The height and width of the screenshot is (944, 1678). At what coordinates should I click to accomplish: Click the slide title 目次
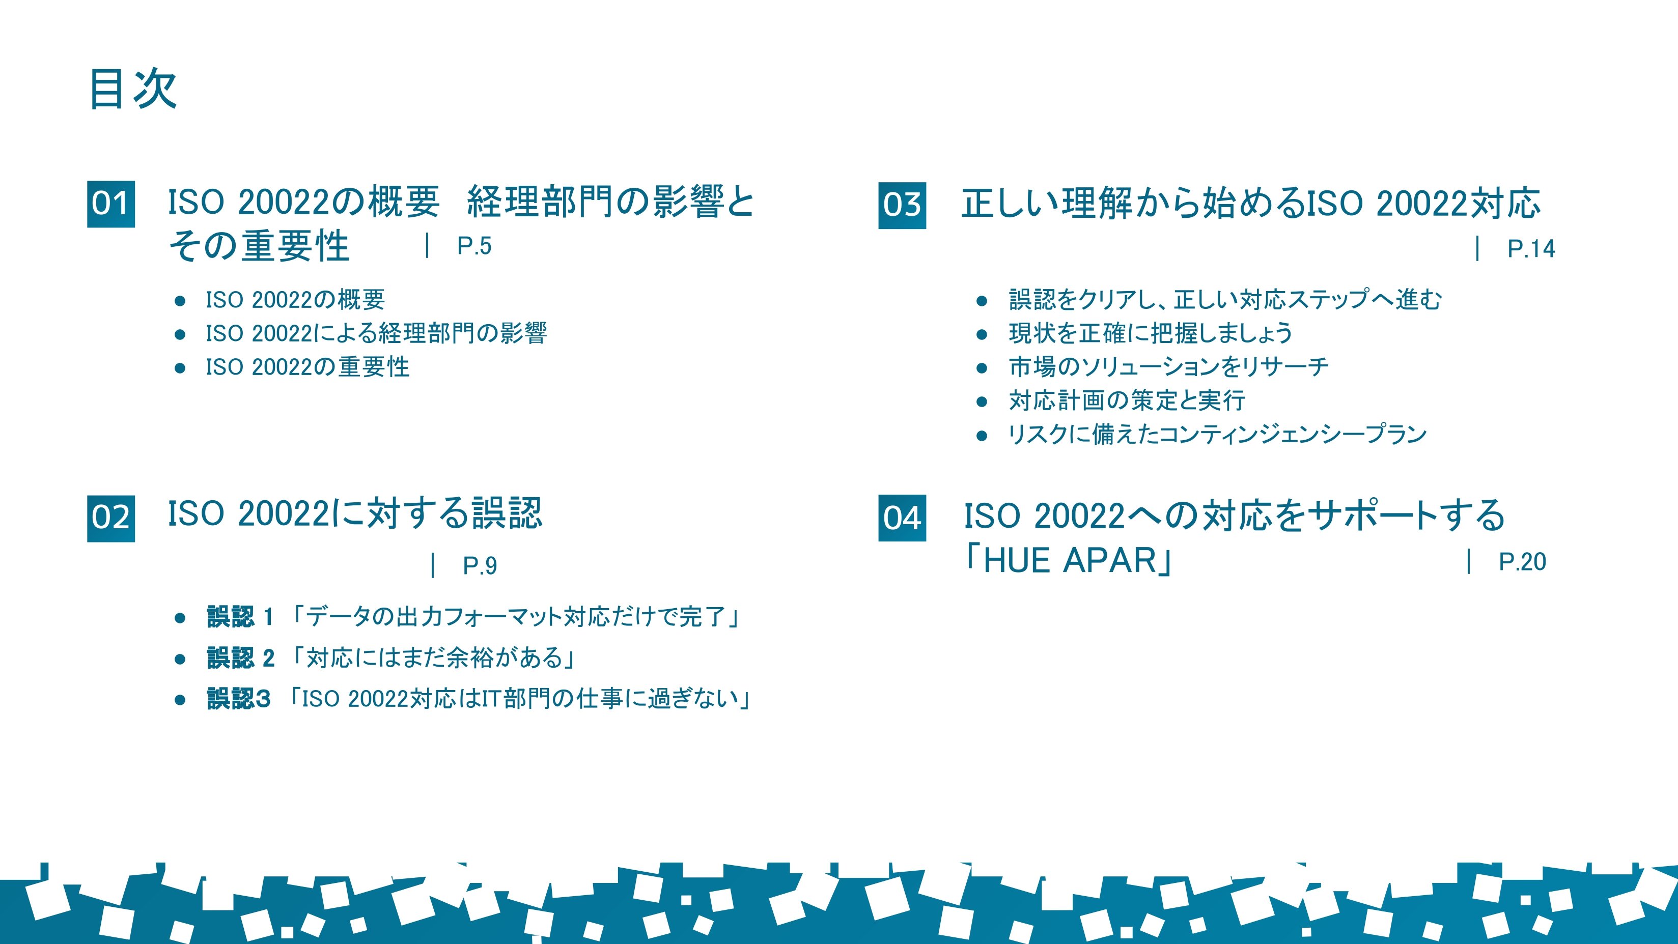click(133, 89)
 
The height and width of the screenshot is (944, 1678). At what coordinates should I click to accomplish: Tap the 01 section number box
click(111, 204)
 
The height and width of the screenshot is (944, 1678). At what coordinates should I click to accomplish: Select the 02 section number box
click(111, 518)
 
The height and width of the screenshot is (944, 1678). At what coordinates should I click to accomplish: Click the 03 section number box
click(902, 206)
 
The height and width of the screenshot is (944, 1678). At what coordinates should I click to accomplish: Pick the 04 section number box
click(902, 518)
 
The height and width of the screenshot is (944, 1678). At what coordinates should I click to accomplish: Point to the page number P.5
click(474, 246)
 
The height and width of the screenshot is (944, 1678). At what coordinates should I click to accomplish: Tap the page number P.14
click(1531, 249)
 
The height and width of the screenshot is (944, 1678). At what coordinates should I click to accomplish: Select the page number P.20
click(1522, 562)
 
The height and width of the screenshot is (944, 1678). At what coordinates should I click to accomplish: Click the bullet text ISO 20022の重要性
click(307, 367)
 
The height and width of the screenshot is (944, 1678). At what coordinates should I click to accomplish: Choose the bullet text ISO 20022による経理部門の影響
click(377, 333)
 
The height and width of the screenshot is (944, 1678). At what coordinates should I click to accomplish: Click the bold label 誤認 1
click(240, 617)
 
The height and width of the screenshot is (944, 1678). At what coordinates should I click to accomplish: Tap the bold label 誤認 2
click(240, 658)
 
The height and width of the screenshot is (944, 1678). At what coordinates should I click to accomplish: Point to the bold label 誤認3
click(238, 699)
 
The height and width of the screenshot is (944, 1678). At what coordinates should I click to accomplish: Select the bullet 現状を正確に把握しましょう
click(1151, 333)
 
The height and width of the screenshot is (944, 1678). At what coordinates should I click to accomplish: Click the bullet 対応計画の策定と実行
click(1127, 401)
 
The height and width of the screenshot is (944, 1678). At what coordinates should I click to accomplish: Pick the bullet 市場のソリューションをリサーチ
click(1168, 367)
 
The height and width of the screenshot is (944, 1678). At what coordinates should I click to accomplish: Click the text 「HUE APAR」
click(1068, 560)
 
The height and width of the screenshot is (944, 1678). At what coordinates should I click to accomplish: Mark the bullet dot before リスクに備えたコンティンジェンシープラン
click(982, 436)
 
